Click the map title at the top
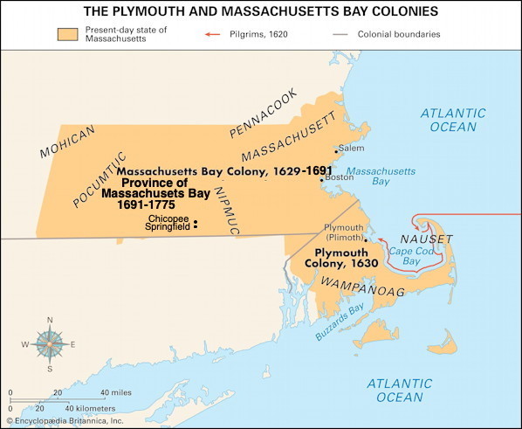pos(261,11)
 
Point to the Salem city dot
pos(336,151)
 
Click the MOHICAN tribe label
pos(67,141)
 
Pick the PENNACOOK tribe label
pos(263,113)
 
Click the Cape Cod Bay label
pos(416,257)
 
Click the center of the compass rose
pos(50,343)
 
